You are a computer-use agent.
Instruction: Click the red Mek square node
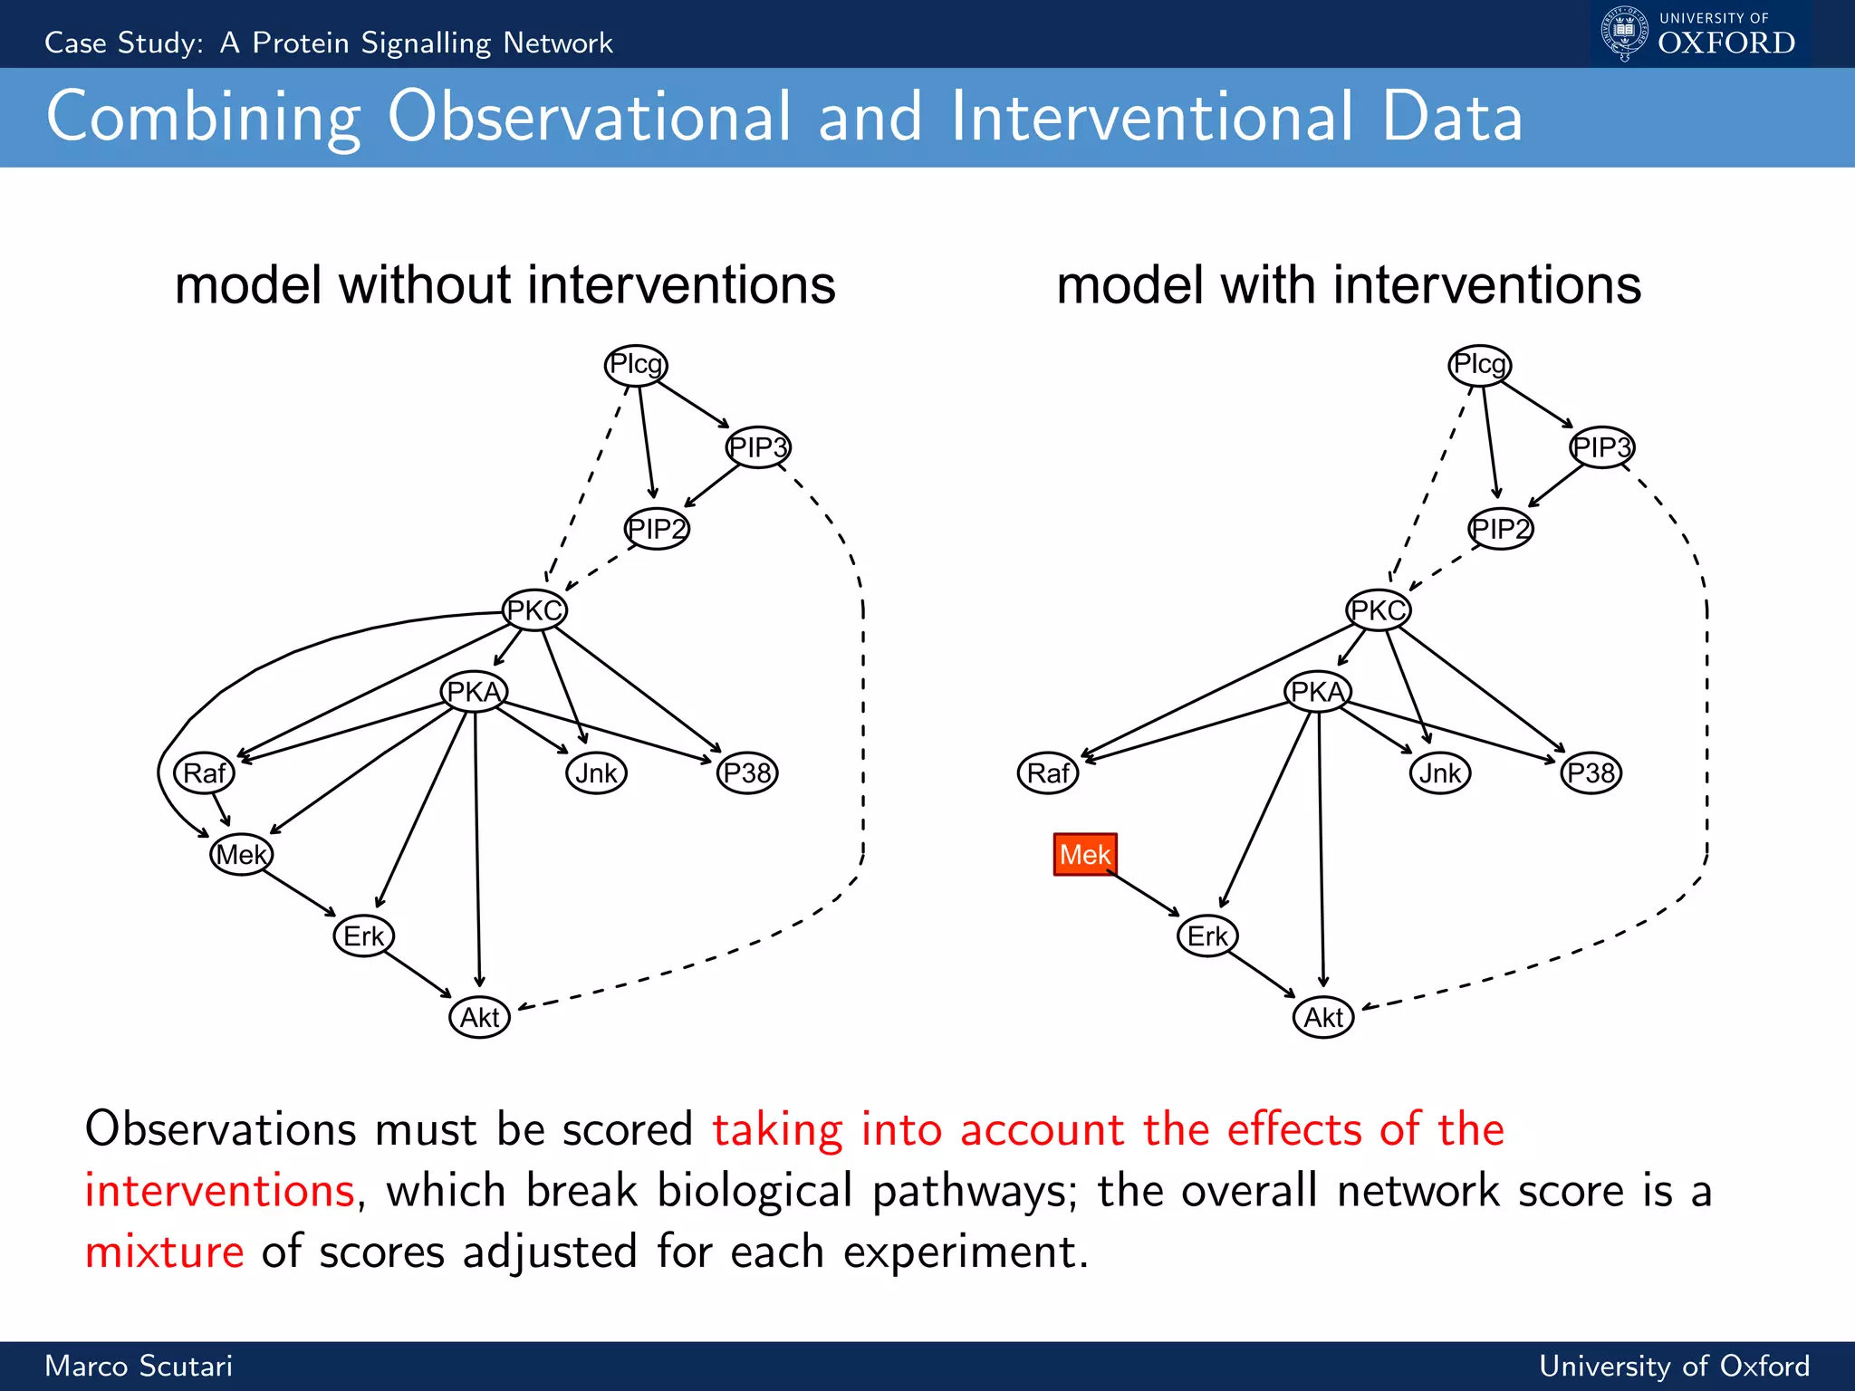pyautogui.click(x=1084, y=854)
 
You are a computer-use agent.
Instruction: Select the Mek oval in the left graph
pyautogui.click(x=241, y=854)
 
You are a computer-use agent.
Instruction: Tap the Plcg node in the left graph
pyautogui.click(x=636, y=365)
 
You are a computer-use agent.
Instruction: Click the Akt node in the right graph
pyautogui.click(x=1323, y=1017)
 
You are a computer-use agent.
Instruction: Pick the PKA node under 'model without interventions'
pyautogui.click(x=474, y=692)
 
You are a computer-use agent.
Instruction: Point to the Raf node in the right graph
pyautogui.click(x=1048, y=773)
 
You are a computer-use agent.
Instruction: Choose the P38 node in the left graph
pyautogui.click(x=747, y=773)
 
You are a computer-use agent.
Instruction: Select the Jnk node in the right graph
pyautogui.click(x=1440, y=773)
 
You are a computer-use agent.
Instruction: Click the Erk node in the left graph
pyautogui.click(x=363, y=935)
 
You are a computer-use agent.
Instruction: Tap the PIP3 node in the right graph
pyautogui.click(x=1601, y=447)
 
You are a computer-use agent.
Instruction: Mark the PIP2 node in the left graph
pyautogui.click(x=657, y=529)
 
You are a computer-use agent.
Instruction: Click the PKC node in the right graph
pyautogui.click(x=1378, y=610)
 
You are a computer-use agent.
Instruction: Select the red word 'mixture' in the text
pyautogui.click(x=164, y=1252)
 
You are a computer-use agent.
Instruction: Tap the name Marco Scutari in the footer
pyautogui.click(x=139, y=1366)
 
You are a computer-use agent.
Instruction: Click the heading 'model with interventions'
pyautogui.click(x=1348, y=285)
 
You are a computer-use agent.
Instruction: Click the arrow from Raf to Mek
pyautogui.click(x=221, y=809)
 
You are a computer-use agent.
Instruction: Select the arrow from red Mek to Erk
pyautogui.click(x=1146, y=895)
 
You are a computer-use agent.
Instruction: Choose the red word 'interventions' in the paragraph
pyautogui.click(x=219, y=1190)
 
